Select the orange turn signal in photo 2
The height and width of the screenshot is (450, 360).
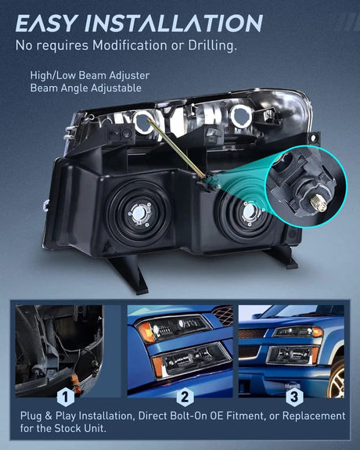point(145,333)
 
